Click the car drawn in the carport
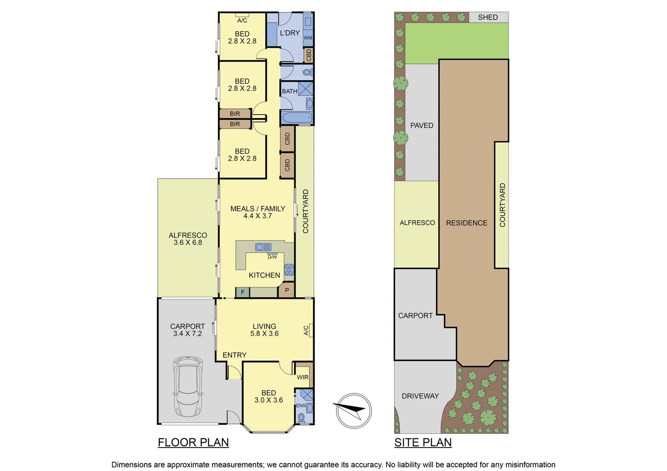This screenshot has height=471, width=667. pos(188,386)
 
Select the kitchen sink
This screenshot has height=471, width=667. pos(263,247)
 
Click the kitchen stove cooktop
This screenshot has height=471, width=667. pos(289,270)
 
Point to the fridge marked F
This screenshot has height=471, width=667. pos(243,292)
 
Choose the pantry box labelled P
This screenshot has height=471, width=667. pos(287,290)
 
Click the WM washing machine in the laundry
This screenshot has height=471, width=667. pos(308,38)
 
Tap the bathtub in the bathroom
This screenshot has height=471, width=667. pos(297,118)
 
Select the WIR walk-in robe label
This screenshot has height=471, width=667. pos(303,377)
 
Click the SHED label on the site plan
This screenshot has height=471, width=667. pos(488,17)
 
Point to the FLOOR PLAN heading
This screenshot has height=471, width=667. pos(193,442)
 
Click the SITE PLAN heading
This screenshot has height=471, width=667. pos(423,442)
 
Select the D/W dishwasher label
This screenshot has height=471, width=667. pos(272,257)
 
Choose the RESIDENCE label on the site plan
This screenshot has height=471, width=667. pos(467,223)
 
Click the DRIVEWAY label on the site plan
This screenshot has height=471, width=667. pos(420,396)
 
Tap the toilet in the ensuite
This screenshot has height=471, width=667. pos(301,418)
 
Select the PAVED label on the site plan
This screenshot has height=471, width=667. pos(422,126)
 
